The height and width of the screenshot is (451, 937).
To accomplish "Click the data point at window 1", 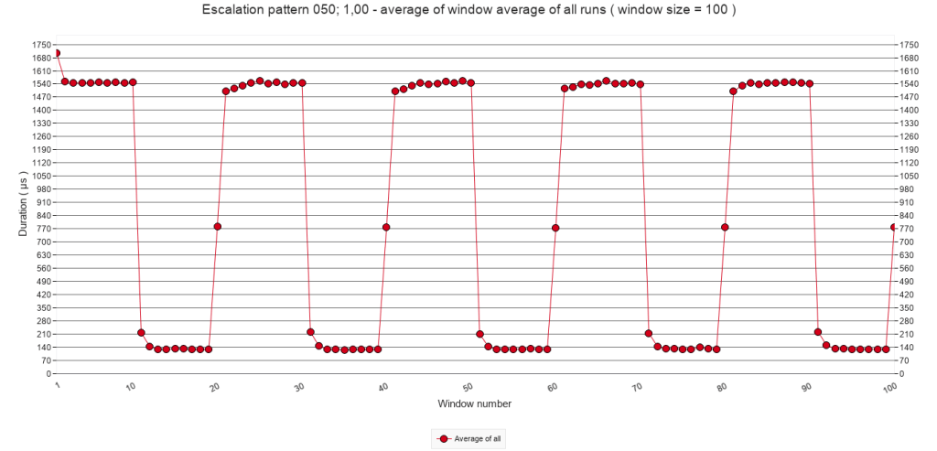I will pyautogui.click(x=57, y=53).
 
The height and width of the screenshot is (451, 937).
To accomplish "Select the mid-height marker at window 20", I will pyautogui.click(x=217, y=227).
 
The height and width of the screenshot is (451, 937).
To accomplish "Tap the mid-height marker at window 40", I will pyautogui.click(x=386, y=227).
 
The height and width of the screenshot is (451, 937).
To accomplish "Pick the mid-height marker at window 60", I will pyautogui.click(x=555, y=228).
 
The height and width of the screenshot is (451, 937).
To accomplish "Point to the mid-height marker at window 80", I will pyautogui.click(x=725, y=227).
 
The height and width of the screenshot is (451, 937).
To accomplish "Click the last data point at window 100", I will pyautogui.click(x=894, y=227).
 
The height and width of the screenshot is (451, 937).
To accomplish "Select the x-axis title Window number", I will pyautogui.click(x=474, y=403).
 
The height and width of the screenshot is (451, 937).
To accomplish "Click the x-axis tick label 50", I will pyautogui.click(x=468, y=388).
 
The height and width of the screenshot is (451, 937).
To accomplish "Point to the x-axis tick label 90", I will pyautogui.click(x=806, y=388).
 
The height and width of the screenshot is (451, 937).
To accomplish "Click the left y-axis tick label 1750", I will pyautogui.click(x=39, y=45).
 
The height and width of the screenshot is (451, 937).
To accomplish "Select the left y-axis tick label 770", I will pyautogui.click(x=42, y=229).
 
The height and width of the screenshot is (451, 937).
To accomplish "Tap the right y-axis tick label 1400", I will pyautogui.click(x=909, y=110).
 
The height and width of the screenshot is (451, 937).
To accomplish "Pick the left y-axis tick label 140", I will pyautogui.click(x=42, y=348).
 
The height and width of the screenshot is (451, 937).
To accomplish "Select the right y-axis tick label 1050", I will pyautogui.click(x=909, y=176).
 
